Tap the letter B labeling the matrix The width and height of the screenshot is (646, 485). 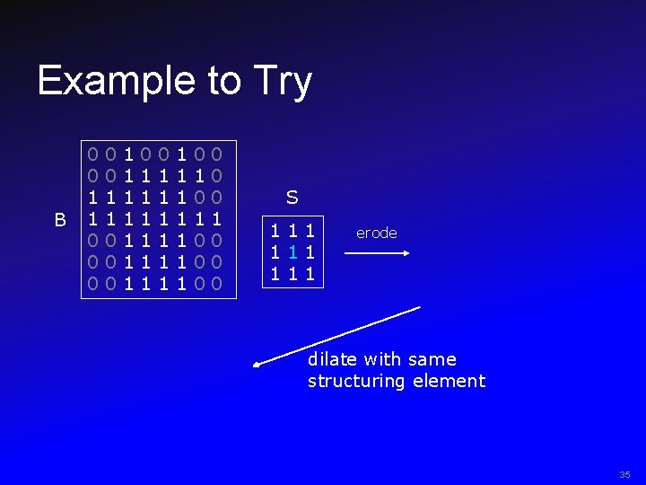[60, 219]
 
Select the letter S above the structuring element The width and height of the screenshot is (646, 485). [292, 197]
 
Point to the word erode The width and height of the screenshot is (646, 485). [376, 233]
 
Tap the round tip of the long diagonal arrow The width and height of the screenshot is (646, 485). [257, 365]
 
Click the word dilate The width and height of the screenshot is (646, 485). [332, 359]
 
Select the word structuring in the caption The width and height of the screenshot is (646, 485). [356, 381]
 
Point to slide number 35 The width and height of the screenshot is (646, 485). [624, 474]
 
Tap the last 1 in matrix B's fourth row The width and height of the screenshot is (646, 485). [216, 219]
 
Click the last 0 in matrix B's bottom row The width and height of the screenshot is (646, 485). [216, 285]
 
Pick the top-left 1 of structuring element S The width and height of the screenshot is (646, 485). [275, 233]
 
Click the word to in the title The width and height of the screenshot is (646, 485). [223, 81]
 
